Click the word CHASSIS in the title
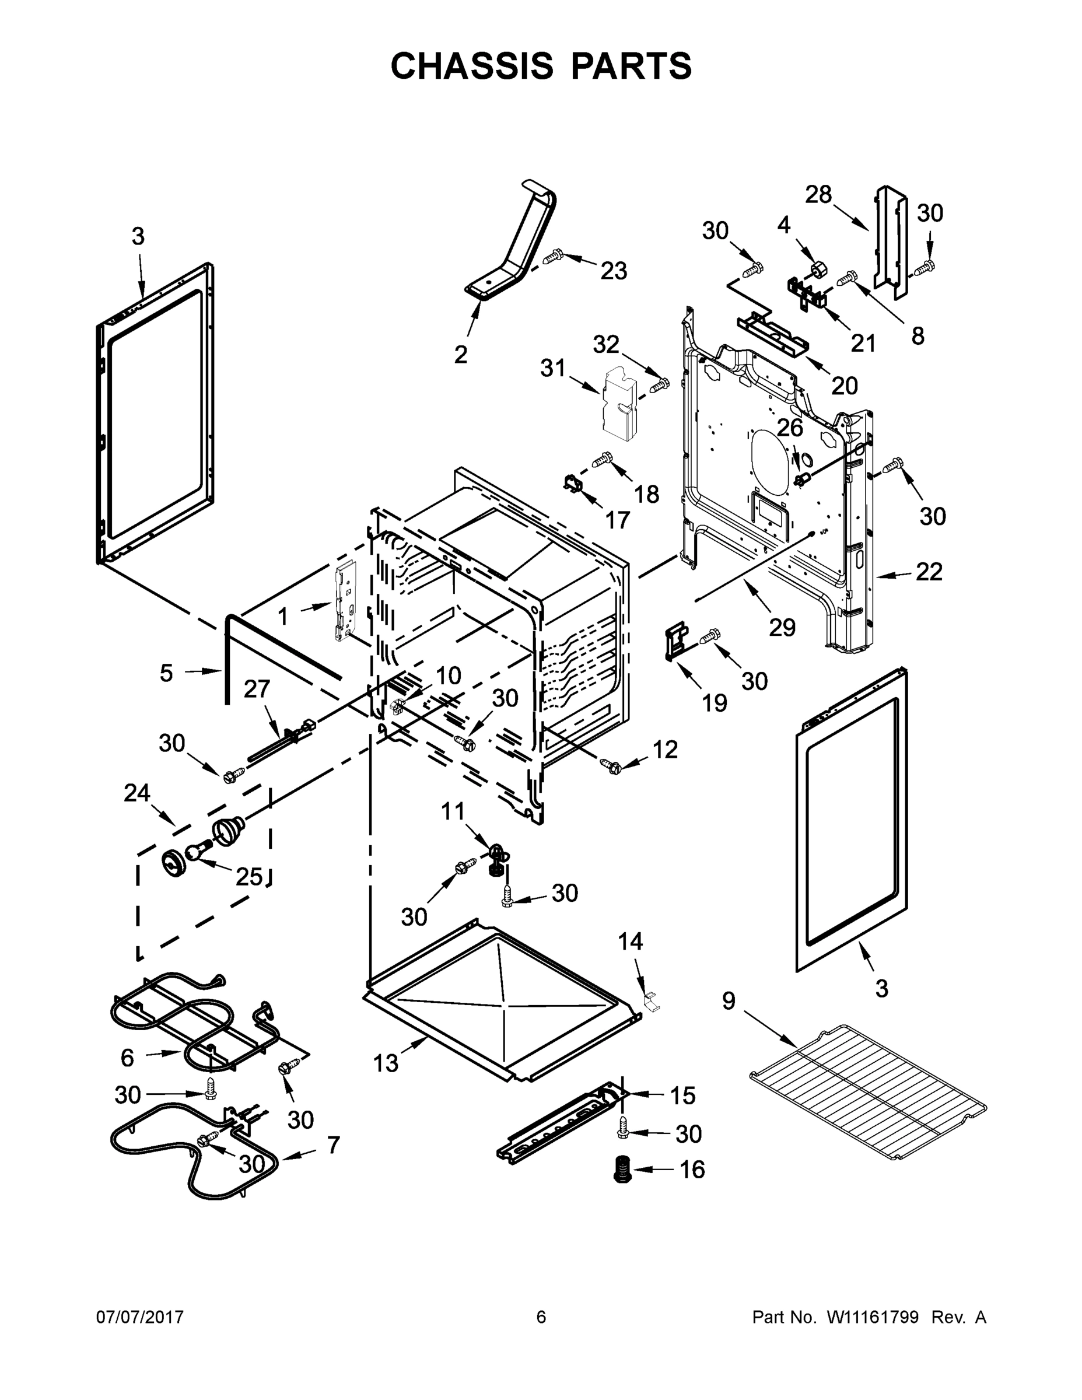pyautogui.click(x=472, y=65)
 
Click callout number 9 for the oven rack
pyautogui.click(x=729, y=1000)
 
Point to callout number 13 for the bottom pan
pyautogui.click(x=386, y=1064)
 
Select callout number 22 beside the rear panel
pyautogui.click(x=929, y=572)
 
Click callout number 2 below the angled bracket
pyautogui.click(x=461, y=355)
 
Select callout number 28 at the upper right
pyautogui.click(x=818, y=194)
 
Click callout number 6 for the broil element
pyautogui.click(x=127, y=1058)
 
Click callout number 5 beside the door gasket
pyautogui.click(x=166, y=673)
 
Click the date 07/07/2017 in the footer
pyautogui.click(x=140, y=1317)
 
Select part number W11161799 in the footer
pyautogui.click(x=873, y=1317)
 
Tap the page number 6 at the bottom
pyautogui.click(x=541, y=1317)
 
